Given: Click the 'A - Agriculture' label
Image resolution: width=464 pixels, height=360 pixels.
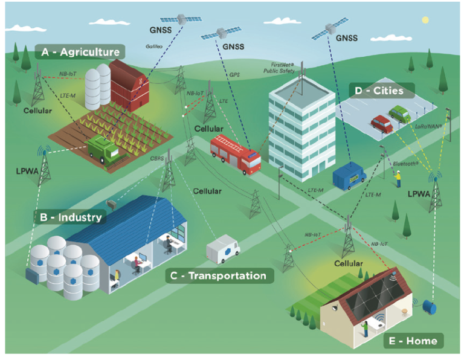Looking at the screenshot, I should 80,52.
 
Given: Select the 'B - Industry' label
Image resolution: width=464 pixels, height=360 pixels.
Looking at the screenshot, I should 72,216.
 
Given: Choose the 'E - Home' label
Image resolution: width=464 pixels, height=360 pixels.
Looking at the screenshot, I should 414,341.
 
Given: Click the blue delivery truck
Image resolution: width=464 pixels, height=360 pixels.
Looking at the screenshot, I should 349,174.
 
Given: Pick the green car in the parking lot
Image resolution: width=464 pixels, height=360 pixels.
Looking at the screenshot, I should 399,114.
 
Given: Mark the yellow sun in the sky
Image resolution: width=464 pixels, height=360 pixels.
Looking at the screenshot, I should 426,20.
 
